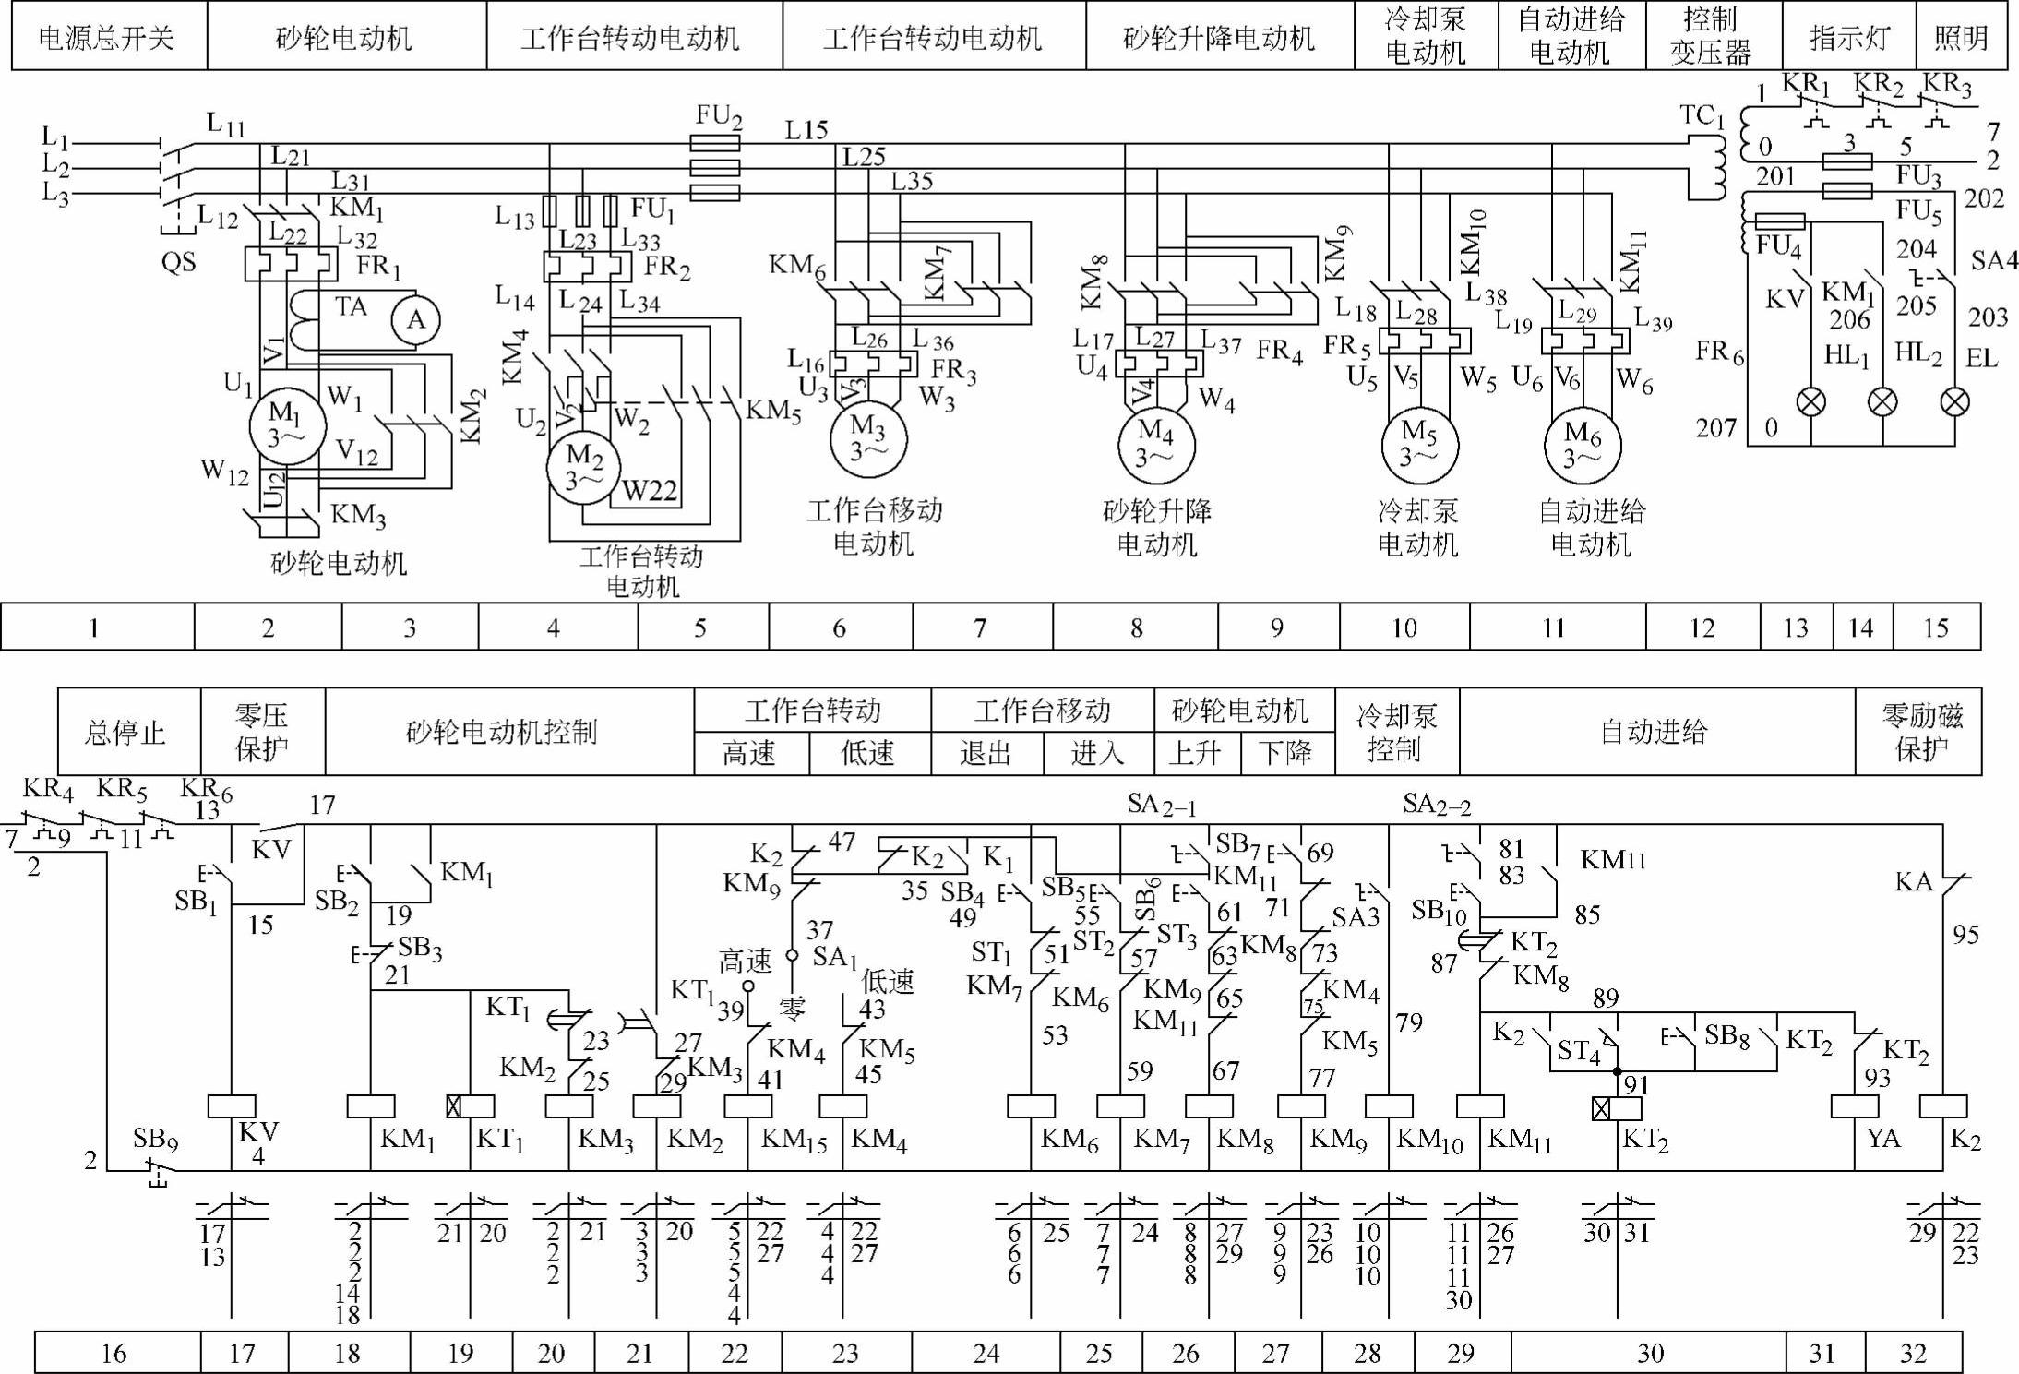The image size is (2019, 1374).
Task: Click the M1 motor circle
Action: pyautogui.click(x=287, y=426)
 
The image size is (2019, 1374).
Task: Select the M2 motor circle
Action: pyautogui.click(x=584, y=468)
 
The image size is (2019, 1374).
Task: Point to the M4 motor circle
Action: pyautogui.click(x=1156, y=445)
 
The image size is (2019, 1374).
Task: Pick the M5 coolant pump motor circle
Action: pyautogui.click(x=1419, y=445)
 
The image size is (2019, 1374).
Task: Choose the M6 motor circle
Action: pyautogui.click(x=1583, y=445)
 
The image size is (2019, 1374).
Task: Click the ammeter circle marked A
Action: pyautogui.click(x=415, y=320)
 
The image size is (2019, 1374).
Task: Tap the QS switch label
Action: pyautogui.click(x=178, y=262)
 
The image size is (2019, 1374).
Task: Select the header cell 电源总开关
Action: pyautogui.click(x=107, y=38)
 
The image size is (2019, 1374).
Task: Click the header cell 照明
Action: pyautogui.click(x=1961, y=38)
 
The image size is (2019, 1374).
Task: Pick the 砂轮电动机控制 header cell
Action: pyautogui.click(x=502, y=732)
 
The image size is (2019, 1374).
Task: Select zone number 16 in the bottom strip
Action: pyautogui.click(x=113, y=1353)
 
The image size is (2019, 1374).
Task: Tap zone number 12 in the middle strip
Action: pyautogui.click(x=1702, y=627)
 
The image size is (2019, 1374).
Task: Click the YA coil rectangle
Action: pyautogui.click(x=1854, y=1106)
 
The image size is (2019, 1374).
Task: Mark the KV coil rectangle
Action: pyautogui.click(x=232, y=1106)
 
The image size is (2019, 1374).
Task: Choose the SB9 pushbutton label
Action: pyautogui.click(x=154, y=1139)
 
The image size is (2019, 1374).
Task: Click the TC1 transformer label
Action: pyautogui.click(x=1702, y=115)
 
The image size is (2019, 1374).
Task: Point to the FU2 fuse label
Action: pyautogui.click(x=718, y=115)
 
